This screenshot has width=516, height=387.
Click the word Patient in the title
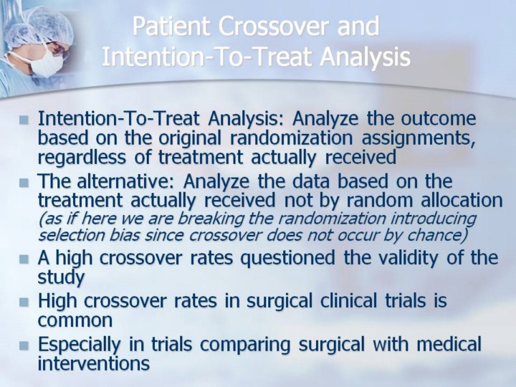[x=171, y=27]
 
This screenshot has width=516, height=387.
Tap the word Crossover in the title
[x=274, y=27]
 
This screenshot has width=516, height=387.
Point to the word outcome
[x=439, y=118]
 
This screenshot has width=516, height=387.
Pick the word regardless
[x=82, y=157]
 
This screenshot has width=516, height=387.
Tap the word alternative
[x=122, y=181]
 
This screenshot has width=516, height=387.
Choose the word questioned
[x=287, y=258]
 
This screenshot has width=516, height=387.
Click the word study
[x=62, y=278]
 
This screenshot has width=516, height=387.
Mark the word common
[x=75, y=320]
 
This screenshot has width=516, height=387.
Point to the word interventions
[x=94, y=363]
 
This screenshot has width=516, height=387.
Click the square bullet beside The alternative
[x=24, y=182]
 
